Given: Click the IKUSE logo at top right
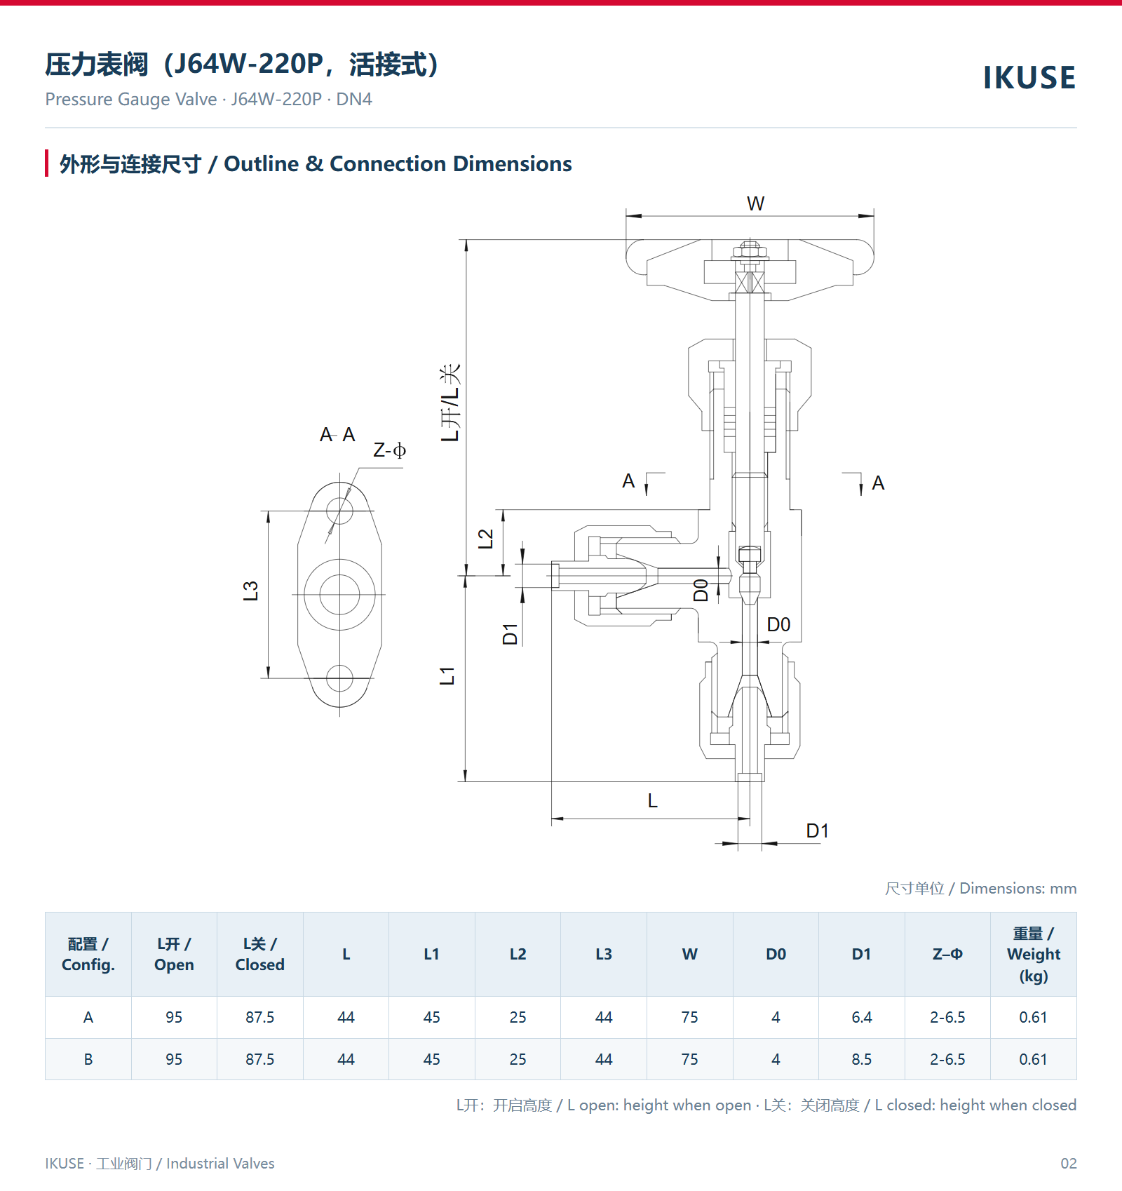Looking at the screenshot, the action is click(x=1029, y=78).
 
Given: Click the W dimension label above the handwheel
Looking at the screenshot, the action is click(x=755, y=203).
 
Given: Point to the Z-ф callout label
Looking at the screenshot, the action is click(x=389, y=450).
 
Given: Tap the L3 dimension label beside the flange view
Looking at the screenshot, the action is click(x=250, y=591).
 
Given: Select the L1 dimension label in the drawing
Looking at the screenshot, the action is click(x=447, y=676).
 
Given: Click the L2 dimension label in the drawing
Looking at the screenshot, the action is click(x=485, y=539).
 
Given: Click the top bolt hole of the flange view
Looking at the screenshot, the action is click(x=339, y=510).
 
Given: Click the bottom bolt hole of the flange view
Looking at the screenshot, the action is click(x=339, y=678).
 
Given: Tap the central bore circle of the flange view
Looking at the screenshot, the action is click(x=339, y=594).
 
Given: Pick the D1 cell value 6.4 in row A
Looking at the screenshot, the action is click(x=862, y=1017).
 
